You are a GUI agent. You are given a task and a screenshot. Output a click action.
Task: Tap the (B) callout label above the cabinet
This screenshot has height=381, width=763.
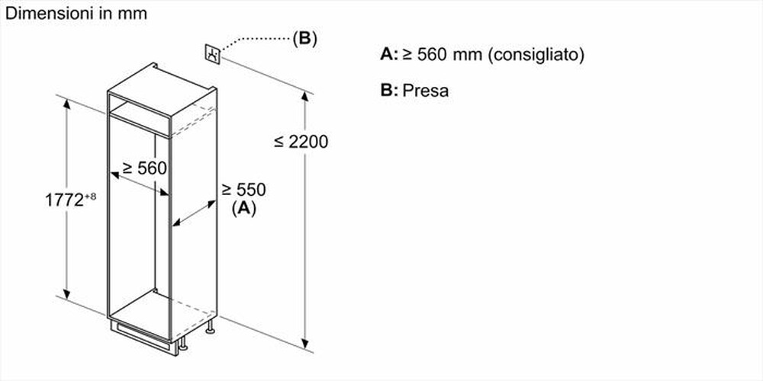pos(304,39)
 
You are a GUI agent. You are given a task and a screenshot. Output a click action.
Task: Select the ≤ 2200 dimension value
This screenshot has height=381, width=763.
pos(301,142)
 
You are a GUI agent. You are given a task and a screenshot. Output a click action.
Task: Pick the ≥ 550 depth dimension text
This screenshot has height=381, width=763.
pos(243,190)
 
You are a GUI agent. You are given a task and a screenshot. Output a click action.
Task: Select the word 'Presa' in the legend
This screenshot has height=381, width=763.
pos(425,91)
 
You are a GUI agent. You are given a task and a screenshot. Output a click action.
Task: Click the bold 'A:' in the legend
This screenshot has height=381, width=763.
pos(388,55)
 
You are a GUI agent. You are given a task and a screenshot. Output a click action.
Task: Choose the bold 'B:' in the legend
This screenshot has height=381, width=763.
pos(389,91)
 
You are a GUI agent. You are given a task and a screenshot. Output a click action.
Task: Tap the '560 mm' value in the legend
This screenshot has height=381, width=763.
pos(443,55)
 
